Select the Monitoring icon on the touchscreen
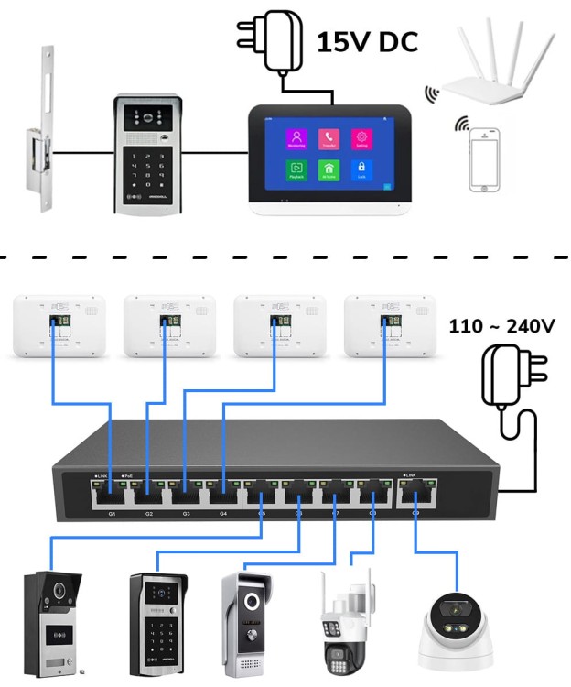tap(296, 138)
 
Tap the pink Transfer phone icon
tap(329, 138)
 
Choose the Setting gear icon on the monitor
tap(361, 138)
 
